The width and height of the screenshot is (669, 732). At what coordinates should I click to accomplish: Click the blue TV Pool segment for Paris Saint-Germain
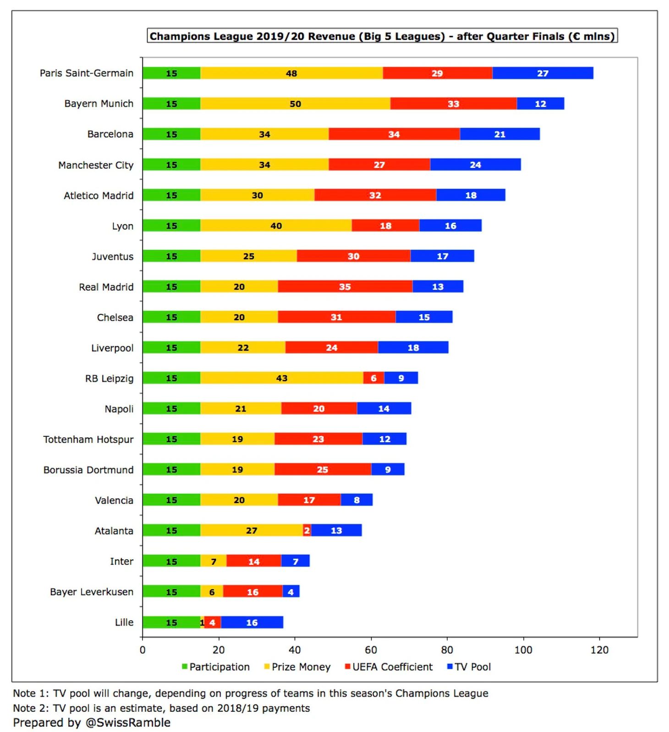tap(543, 73)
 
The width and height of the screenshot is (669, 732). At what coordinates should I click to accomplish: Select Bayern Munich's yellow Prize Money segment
tap(295, 104)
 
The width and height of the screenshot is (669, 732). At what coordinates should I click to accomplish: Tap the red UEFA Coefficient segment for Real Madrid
tap(345, 287)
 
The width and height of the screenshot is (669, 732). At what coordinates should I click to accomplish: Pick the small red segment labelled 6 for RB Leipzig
tap(373, 378)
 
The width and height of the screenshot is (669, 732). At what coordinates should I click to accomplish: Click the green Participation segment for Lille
tap(171, 622)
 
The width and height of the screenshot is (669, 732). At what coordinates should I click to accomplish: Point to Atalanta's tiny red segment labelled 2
tap(307, 531)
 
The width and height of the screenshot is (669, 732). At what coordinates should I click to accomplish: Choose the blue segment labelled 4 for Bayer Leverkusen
tap(291, 592)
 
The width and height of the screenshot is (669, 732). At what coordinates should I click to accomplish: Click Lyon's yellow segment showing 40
tap(276, 226)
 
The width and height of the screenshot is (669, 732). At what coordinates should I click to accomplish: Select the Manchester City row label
tap(96, 165)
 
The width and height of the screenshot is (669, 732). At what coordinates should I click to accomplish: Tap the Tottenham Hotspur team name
tap(88, 440)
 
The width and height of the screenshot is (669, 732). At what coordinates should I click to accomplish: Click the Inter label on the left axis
tap(121, 561)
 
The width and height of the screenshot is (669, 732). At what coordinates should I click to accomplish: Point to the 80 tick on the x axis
tap(447, 650)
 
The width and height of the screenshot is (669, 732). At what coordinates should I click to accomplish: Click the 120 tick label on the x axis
tap(599, 650)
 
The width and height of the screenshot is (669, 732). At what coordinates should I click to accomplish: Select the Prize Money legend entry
tap(297, 667)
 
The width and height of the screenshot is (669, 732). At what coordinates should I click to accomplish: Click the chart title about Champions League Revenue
tap(382, 36)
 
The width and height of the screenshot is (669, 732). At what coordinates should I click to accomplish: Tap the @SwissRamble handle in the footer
tap(128, 723)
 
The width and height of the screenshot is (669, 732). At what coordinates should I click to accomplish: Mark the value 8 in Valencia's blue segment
tap(356, 501)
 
